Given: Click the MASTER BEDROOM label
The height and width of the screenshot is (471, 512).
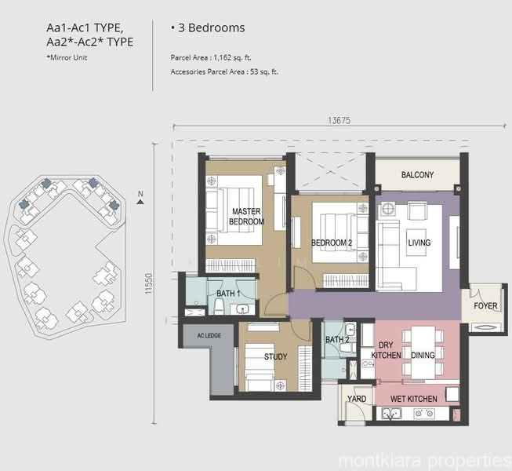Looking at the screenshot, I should [x=246, y=217].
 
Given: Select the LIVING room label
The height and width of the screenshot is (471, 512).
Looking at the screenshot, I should [x=418, y=243].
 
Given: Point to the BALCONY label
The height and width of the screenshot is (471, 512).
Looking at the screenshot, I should [x=417, y=175].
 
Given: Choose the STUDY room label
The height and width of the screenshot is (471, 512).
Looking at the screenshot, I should [x=275, y=356].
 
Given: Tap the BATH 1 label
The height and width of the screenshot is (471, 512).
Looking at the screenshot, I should [x=227, y=294].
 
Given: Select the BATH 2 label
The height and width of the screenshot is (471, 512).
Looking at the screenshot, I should [x=336, y=339].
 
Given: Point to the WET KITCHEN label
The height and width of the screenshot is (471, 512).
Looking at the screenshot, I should [x=413, y=399].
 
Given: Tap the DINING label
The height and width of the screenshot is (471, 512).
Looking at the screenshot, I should [x=423, y=356].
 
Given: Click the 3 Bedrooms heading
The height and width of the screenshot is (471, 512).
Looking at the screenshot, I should [x=207, y=27].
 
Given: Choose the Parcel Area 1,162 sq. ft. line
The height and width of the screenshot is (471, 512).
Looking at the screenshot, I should [x=220, y=58].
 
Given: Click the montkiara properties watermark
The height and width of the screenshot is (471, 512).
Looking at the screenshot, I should [x=423, y=458].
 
